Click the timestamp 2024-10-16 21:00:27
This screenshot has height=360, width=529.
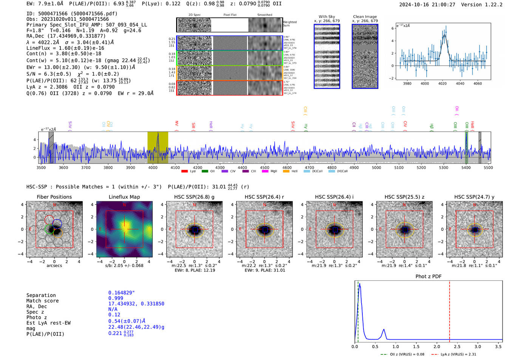click(x=427, y=5)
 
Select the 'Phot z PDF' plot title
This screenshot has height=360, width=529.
click(x=428, y=277)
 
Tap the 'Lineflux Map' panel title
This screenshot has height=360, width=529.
click(x=124, y=197)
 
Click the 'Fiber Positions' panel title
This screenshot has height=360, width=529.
click(x=54, y=197)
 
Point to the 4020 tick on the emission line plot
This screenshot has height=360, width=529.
click(x=442, y=83)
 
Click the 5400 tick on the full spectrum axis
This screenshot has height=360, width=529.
click(x=466, y=168)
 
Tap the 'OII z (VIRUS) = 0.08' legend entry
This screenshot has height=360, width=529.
click(x=405, y=354)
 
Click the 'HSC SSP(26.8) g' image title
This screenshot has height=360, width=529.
click(x=194, y=197)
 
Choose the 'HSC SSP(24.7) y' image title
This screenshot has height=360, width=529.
click(x=474, y=197)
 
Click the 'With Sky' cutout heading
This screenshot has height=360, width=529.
click(x=326, y=17)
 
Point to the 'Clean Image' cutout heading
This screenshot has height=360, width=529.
click(x=365, y=17)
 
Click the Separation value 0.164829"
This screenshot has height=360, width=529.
click(x=121, y=293)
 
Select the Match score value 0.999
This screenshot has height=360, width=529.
click(x=116, y=298)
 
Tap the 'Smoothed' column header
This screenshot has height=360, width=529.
click(x=264, y=15)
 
